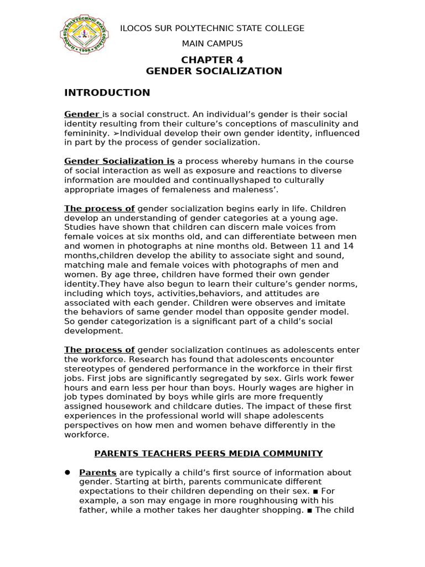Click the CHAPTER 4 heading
click(x=213, y=60)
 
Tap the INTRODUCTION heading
click(x=107, y=92)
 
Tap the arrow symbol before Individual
click(x=117, y=133)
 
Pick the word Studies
click(x=80, y=227)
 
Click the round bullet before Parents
click(x=68, y=472)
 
